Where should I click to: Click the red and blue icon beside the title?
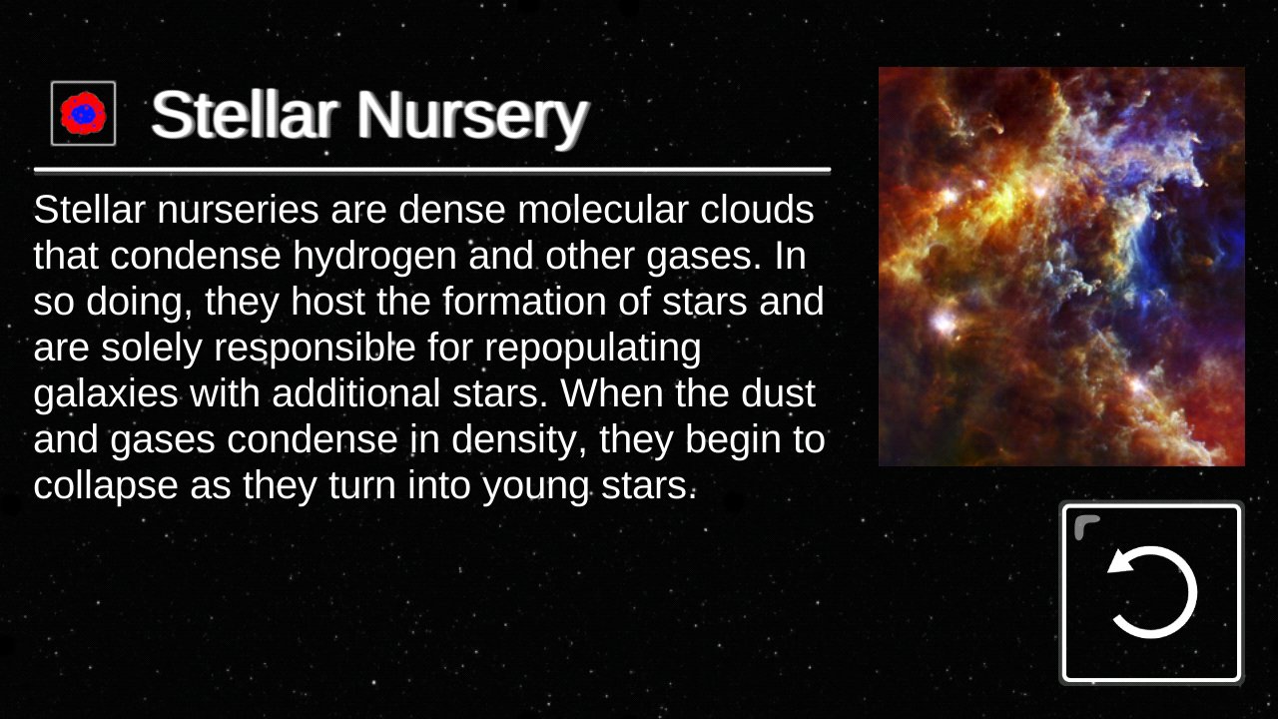83,113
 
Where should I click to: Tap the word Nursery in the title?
472,115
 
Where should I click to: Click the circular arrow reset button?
1151,592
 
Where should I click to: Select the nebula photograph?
1061,267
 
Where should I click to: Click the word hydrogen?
374,257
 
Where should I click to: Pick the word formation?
524,302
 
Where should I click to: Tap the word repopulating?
593,349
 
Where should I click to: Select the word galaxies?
106,394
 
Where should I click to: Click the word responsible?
315,349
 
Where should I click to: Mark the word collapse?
106,485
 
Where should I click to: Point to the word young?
535,486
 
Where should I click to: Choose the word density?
513,440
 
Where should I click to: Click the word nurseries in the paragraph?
238,210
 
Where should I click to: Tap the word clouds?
757,210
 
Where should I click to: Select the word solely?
152,349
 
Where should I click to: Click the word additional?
356,393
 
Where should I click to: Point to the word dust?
778,393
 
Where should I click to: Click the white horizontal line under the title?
432,170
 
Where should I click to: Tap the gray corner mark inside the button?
1085,526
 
